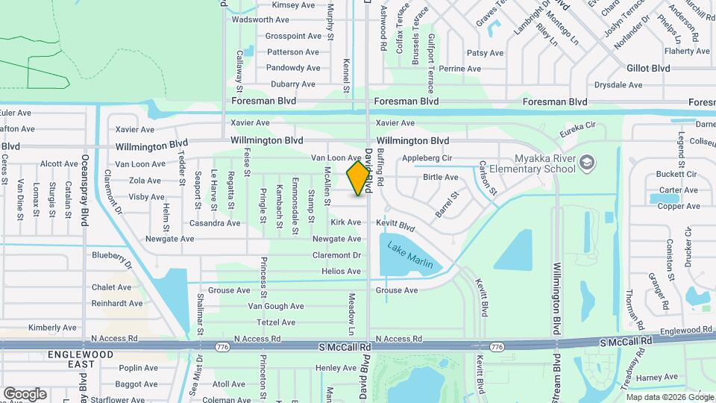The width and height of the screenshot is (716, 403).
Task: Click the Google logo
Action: tap(25, 394)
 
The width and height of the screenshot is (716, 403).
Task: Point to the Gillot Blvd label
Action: tap(647, 69)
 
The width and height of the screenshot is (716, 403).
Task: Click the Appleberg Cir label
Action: tap(427, 158)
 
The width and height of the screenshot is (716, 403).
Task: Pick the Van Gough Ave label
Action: tap(276, 306)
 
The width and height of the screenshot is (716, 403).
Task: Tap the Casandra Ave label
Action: tap(215, 223)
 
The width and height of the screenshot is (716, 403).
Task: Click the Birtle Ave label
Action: tap(440, 178)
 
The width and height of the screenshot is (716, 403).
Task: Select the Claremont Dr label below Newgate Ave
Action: tap(336, 255)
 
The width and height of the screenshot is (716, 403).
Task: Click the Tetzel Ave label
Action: tap(276, 322)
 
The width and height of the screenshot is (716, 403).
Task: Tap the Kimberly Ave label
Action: tap(52, 328)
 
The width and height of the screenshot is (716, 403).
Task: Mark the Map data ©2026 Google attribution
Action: tap(669, 397)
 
